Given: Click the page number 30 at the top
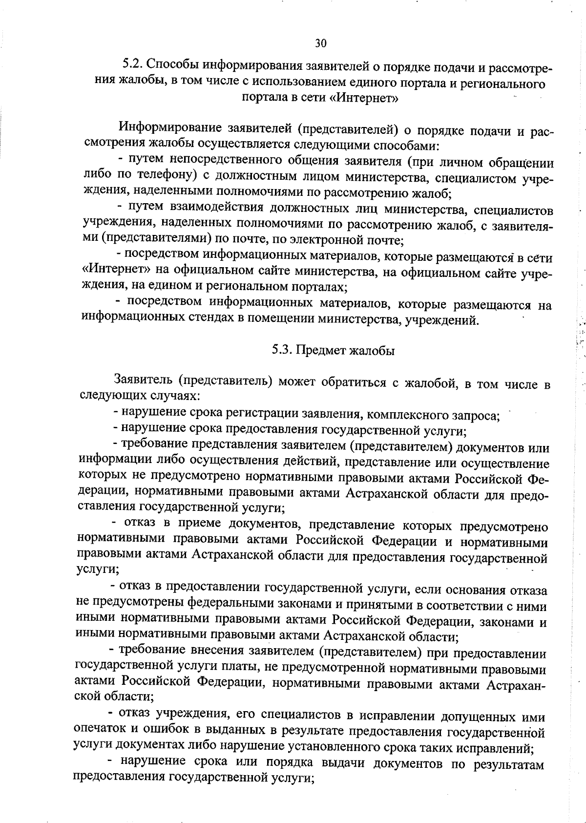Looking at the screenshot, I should pyautogui.click(x=320, y=43).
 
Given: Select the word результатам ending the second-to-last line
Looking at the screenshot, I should pyautogui.click(x=508, y=765).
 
